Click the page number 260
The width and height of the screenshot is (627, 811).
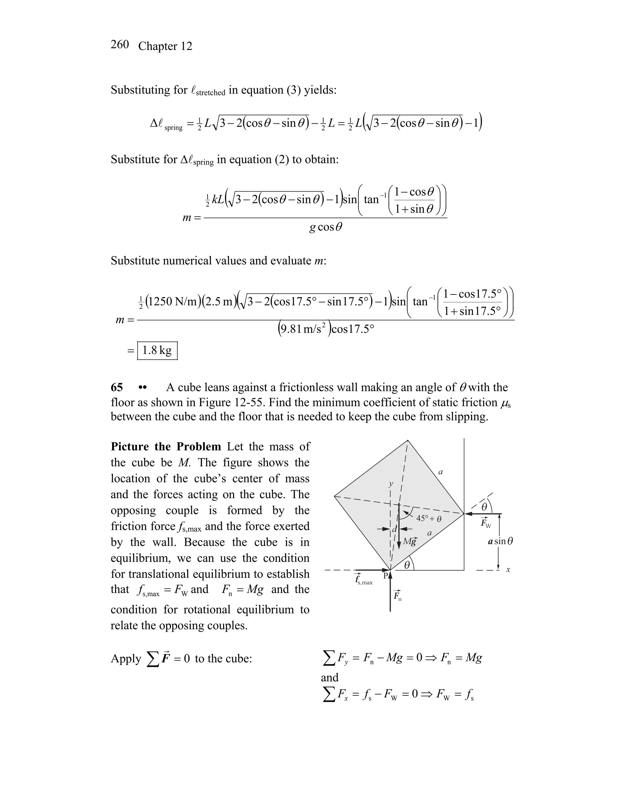120,45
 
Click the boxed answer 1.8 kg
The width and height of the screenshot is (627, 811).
157,350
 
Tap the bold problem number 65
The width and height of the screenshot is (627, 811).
117,388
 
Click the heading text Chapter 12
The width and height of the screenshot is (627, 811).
165,46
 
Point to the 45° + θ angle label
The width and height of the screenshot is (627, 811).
429,518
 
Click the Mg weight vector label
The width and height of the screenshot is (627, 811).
410,541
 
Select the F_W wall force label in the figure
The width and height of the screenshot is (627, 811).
486,523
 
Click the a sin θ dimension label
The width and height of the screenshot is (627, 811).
501,541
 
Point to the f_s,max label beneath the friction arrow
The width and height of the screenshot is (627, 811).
364,580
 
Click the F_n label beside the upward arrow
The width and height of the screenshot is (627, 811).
397,595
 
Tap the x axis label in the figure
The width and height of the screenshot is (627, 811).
508,570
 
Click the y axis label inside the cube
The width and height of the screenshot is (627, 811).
390,484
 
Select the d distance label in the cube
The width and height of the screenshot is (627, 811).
394,529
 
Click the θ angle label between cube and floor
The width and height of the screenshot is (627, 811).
407,565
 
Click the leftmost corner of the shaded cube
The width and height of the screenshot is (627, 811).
335,496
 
